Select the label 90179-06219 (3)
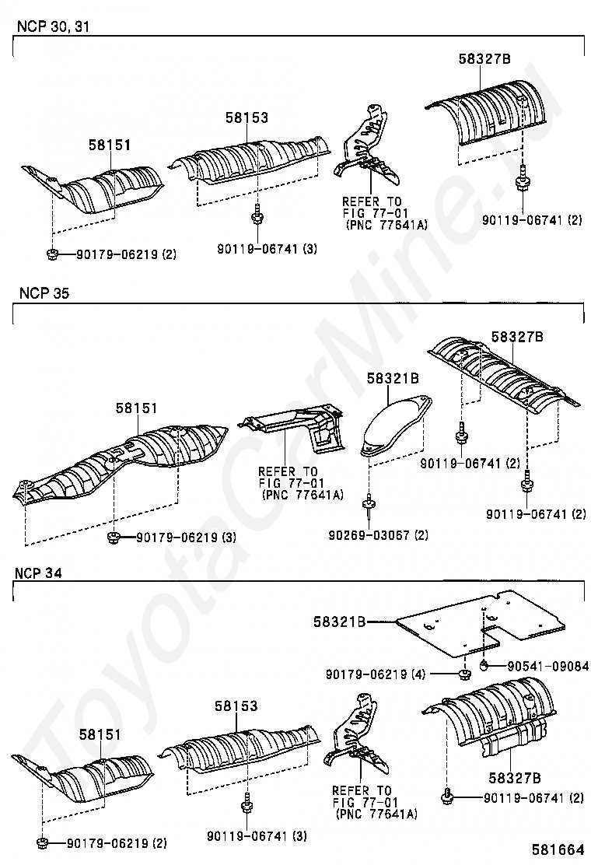click(186, 538)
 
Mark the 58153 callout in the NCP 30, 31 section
click(247, 118)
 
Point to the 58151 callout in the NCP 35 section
click(137, 408)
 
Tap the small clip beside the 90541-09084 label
click(483, 664)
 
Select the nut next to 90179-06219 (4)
click(463, 673)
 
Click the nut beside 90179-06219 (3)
click(114, 538)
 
